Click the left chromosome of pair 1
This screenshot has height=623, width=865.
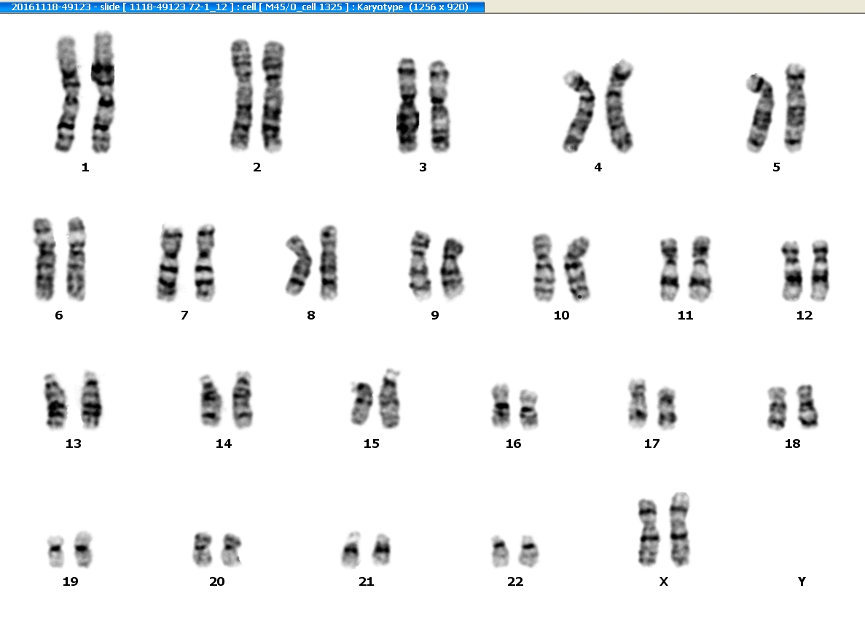[67, 94]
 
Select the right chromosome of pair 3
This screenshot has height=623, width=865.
[439, 106]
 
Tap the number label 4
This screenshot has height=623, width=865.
[598, 167]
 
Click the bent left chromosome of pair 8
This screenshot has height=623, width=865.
[299, 265]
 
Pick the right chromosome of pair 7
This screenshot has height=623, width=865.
[205, 263]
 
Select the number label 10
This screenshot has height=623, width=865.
[561, 315]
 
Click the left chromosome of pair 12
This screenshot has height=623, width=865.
[791, 271]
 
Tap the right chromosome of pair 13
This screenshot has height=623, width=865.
[92, 400]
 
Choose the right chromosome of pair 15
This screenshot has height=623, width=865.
[390, 399]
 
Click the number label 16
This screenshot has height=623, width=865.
[513, 444]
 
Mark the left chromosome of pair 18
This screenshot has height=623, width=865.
[778, 408]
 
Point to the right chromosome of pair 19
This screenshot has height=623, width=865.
[83, 549]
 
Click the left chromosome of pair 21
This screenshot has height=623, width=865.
[351, 550]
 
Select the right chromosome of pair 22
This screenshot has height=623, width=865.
[528, 551]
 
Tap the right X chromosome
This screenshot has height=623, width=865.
[679, 529]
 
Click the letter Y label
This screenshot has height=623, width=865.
[802, 581]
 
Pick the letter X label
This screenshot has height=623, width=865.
[664, 581]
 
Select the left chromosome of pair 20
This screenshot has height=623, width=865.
[202, 549]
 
